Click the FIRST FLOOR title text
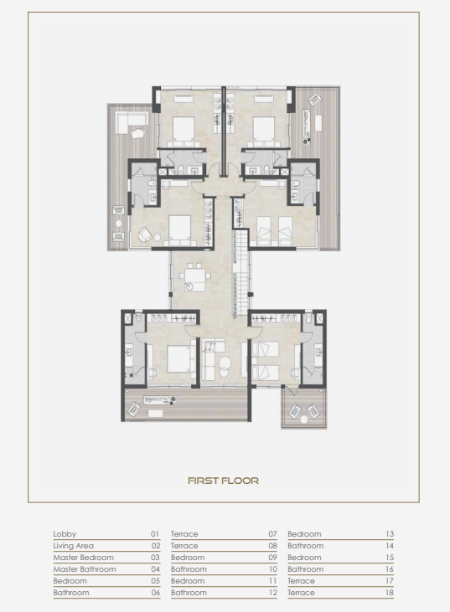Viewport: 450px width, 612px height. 223,481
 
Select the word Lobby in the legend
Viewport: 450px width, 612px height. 65,534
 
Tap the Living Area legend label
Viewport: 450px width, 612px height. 73,546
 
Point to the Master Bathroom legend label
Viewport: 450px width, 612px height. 85,569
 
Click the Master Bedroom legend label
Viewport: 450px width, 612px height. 83,558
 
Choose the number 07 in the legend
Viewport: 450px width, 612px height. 272,534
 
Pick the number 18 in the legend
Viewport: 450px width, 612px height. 390,593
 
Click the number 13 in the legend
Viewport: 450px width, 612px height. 390,534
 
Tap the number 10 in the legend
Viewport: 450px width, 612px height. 272,569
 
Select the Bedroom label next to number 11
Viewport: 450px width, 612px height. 188,581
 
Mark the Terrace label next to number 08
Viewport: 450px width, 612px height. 184,546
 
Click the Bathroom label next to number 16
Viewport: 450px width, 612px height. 306,569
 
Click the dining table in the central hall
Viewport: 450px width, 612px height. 195,278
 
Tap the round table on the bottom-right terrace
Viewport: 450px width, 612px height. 304,419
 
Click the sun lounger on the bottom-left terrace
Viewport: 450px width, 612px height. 159,400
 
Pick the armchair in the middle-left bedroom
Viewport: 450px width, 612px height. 145,234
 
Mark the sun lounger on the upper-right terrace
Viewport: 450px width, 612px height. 307,127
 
